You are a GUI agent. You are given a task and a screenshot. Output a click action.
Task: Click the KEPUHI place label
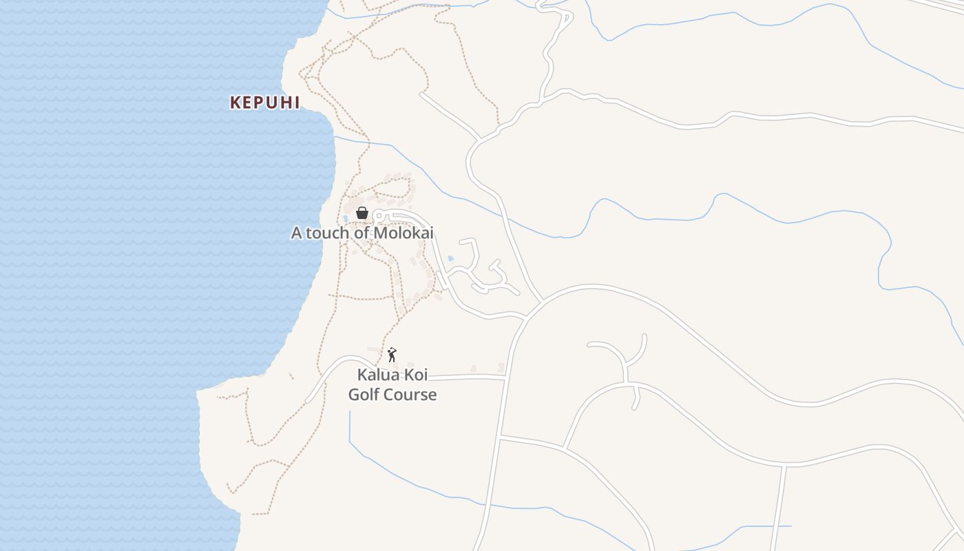(265, 103)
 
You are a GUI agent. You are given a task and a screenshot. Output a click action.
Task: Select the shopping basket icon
(362, 213)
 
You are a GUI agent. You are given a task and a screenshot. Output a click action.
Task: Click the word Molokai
(404, 233)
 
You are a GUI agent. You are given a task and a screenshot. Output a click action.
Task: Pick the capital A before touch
(296, 233)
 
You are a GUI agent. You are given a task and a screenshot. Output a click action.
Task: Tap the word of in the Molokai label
(363, 233)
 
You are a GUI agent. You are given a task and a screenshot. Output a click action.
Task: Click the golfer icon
(392, 355)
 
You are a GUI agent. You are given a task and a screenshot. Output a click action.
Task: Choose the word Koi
(416, 375)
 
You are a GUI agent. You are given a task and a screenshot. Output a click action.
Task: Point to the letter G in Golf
(354, 395)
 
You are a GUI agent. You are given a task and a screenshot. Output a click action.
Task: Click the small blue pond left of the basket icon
(346, 218)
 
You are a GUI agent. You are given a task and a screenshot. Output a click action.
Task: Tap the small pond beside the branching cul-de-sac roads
(450, 259)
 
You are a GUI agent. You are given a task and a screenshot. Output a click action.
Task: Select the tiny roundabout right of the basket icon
(377, 216)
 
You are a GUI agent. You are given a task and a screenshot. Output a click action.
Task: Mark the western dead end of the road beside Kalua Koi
(308, 401)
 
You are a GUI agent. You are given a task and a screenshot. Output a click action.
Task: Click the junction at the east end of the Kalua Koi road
(505, 377)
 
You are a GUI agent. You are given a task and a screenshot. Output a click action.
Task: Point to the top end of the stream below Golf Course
(350, 412)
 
